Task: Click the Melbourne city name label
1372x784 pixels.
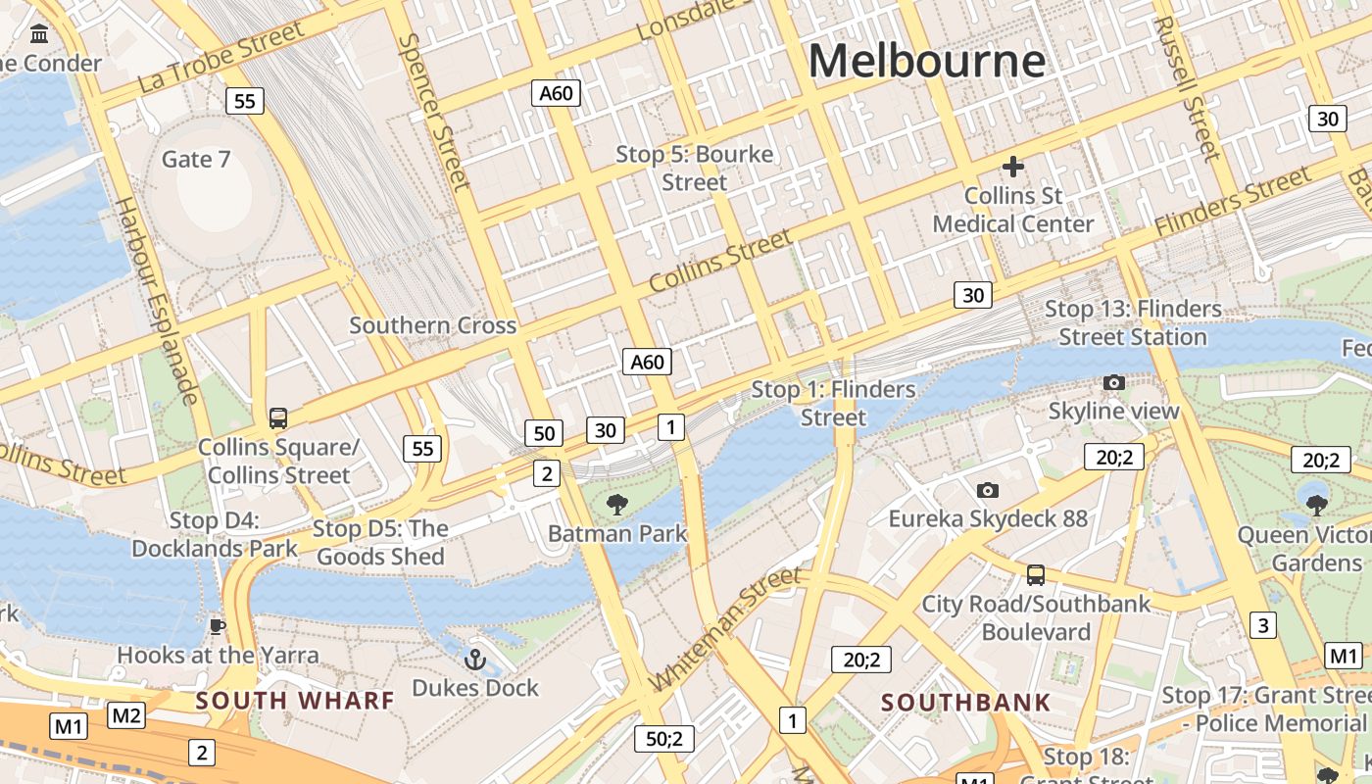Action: tap(926, 61)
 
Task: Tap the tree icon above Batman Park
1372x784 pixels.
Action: tap(616, 505)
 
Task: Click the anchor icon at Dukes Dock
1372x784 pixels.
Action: tap(475, 660)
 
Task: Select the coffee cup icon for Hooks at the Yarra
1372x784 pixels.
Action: tap(218, 626)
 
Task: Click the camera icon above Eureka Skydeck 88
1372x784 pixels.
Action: tap(987, 490)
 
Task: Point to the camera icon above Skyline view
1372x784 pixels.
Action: tap(1113, 382)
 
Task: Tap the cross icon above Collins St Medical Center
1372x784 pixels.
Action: tap(1012, 167)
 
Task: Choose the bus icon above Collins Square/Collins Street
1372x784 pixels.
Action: tap(278, 418)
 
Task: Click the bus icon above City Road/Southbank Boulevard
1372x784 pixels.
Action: tap(1035, 574)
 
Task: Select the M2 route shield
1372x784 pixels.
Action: tap(126, 715)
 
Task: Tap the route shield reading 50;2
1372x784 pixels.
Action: tap(663, 739)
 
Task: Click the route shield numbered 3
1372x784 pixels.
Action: tap(1263, 625)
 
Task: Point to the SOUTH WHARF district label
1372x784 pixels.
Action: tap(294, 701)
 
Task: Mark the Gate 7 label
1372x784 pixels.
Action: tap(196, 159)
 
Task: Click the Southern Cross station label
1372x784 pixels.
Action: tap(432, 325)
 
